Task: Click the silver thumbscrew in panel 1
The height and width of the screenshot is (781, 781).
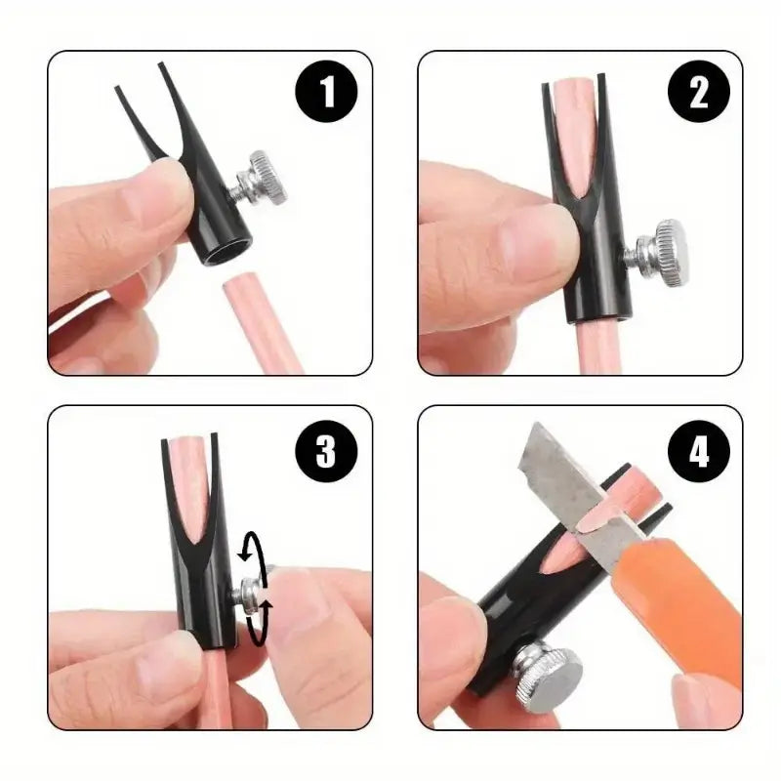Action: click(265, 179)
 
